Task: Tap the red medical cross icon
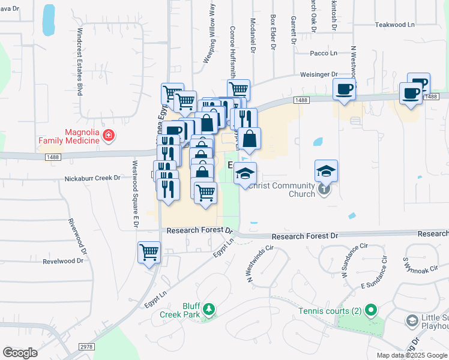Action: coord(108,136)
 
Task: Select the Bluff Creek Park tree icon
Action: coord(208,310)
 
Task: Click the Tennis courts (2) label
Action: coord(330,311)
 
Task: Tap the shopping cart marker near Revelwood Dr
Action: coord(149,252)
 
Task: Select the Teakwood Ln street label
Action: coord(394,25)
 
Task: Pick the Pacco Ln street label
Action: coord(324,53)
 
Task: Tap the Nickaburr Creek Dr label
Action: coord(92,178)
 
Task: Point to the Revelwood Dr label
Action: coord(63,261)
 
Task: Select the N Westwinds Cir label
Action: coord(259,263)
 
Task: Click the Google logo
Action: coord(20,353)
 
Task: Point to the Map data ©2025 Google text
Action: coord(411,355)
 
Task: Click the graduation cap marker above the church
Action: coord(326,171)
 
